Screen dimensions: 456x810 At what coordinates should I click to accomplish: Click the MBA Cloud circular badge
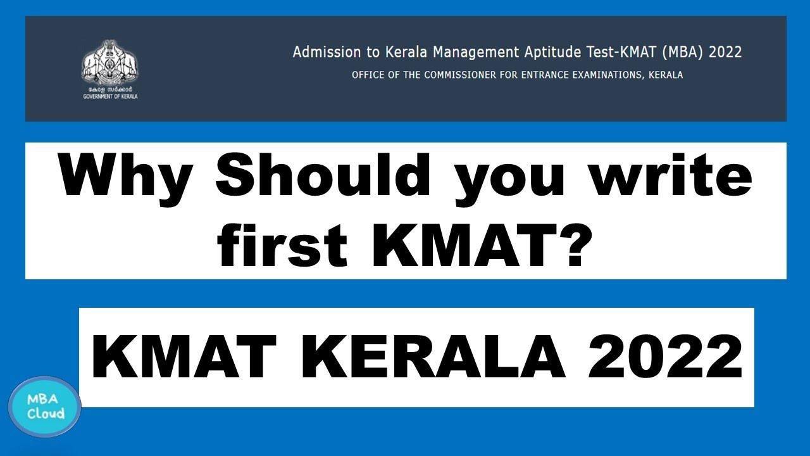click(x=45, y=407)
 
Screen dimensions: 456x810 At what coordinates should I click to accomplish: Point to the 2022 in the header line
click(x=725, y=52)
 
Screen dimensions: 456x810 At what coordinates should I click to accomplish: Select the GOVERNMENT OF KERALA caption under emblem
click(x=110, y=97)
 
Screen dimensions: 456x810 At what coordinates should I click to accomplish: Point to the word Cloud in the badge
click(x=46, y=414)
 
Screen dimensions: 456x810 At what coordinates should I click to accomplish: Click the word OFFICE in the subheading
click(x=367, y=75)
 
